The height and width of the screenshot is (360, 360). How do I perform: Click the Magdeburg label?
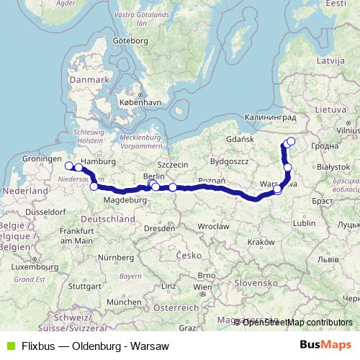coord(121,199)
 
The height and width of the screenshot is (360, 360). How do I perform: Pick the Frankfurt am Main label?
coord(77,235)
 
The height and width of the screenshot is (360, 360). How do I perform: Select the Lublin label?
coord(305,223)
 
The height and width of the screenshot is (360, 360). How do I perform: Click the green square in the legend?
coord(9,346)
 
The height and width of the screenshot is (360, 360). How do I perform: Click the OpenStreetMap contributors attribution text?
coord(297,323)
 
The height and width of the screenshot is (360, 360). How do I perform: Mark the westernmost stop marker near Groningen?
coord(69,166)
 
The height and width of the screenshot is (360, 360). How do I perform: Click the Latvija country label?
coord(330,55)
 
